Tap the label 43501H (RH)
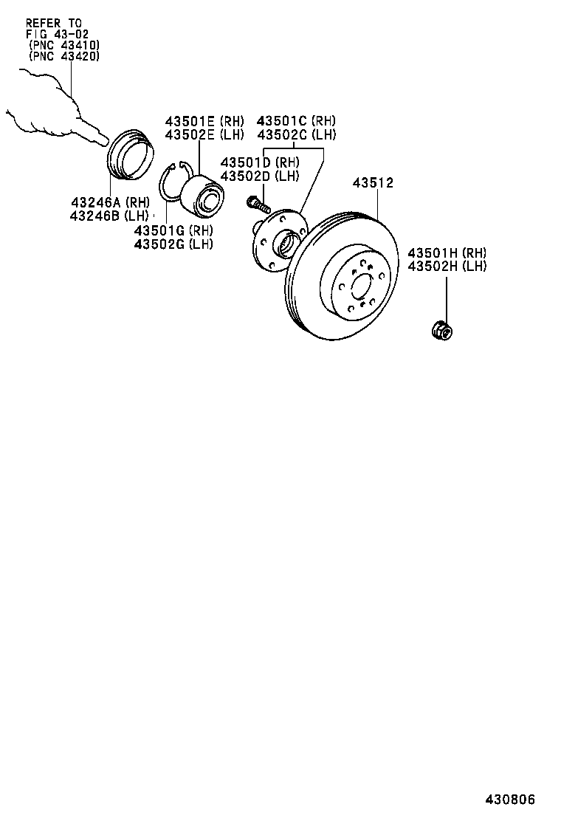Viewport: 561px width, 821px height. coord(447,253)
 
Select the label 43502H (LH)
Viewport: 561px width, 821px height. coord(447,266)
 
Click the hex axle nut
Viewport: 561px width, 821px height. coord(441,331)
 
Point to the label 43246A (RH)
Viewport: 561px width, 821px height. coord(109,202)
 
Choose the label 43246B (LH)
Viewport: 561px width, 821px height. coord(109,216)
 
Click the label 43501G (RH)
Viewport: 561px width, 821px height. coord(173,230)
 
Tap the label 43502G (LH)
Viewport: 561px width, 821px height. coord(173,244)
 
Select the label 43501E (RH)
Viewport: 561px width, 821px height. coord(204,121)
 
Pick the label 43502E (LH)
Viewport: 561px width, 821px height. coord(204,134)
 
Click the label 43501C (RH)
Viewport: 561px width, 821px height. coord(296,121)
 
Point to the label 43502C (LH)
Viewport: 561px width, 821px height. coord(296,134)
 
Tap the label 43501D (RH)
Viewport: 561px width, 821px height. coord(260,162)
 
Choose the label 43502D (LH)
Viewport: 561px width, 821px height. coord(260,176)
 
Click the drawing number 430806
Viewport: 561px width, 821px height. coord(509,800)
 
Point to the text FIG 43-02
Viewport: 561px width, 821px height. coord(56,34)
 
